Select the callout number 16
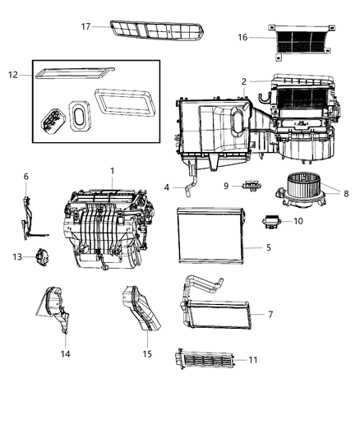tap(242, 37)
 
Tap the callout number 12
tap(12, 76)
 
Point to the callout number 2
tap(244, 81)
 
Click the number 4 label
tap(167, 187)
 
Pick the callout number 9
tap(225, 186)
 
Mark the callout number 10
tap(298, 221)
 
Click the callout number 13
tap(16, 256)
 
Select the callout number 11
tap(252, 359)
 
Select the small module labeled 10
tap(272, 220)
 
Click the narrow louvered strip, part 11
tap(205, 360)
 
